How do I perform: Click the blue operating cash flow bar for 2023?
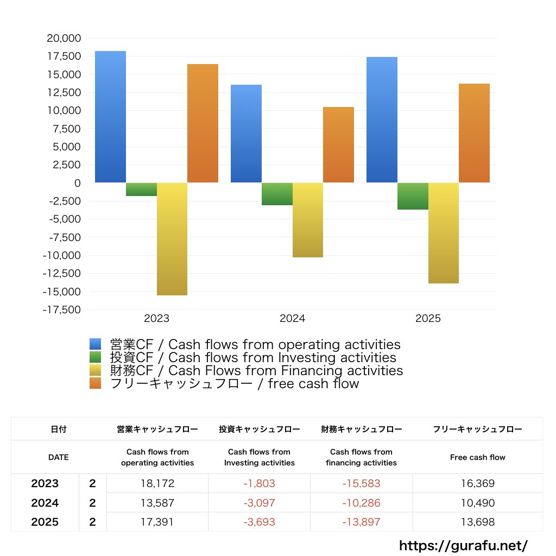pos(110,117)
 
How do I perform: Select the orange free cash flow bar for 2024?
pos(338,145)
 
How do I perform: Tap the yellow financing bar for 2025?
pos(444,233)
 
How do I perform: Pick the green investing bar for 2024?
pos(277,194)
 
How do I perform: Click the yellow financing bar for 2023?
pos(172,239)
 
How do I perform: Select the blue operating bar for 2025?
pos(382,119)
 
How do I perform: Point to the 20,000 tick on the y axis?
pos(64,38)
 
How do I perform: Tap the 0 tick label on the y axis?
pos(77,183)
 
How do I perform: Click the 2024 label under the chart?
pos(292,319)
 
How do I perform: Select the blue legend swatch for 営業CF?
pos(96,344)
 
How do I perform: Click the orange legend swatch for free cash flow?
pos(96,384)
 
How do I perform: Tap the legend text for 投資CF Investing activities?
pos(253,358)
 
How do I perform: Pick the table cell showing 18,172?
pos(157,483)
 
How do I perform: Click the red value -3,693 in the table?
pos(259,522)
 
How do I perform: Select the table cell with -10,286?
pos(361,503)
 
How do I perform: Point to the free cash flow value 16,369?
pos(477,483)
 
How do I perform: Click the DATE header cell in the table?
pos(59,457)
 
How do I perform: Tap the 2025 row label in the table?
pos(45,522)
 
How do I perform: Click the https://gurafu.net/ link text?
pos(463,545)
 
